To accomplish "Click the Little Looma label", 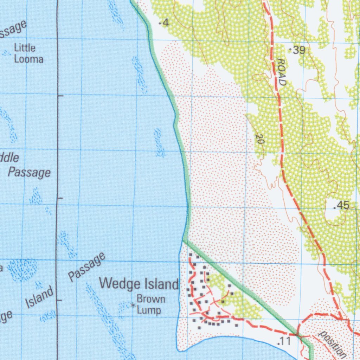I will pyautogui.click(x=28, y=53).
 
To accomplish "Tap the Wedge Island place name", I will pyautogui.click(x=139, y=284).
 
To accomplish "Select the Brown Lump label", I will pyautogui.click(x=150, y=304).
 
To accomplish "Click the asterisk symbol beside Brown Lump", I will pyautogui.click(x=133, y=305).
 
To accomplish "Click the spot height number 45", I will pyautogui.click(x=343, y=205).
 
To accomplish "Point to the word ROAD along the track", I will pyautogui.click(x=281, y=72).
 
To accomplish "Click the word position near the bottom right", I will pyautogui.click(x=332, y=343).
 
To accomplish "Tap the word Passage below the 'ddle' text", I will pyautogui.click(x=30, y=172).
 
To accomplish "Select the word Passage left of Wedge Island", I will pyautogui.click(x=86, y=267).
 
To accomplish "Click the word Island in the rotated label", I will pyautogui.click(x=41, y=297).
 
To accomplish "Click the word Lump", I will pyautogui.click(x=149, y=310).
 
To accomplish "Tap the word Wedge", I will pyautogui.click(x=117, y=283).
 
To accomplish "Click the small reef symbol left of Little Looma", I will pyautogui.click(x=6, y=53).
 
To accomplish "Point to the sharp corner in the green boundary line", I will pyautogui.click(x=183, y=240).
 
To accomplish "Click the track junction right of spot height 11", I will pyautogui.click(x=298, y=334).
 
